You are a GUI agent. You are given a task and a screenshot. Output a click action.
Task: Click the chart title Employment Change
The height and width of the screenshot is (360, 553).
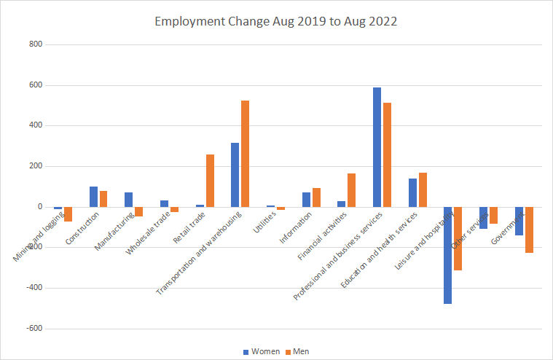tap(276, 21)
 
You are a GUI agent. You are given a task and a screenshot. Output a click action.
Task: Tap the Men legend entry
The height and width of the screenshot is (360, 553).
tap(296, 351)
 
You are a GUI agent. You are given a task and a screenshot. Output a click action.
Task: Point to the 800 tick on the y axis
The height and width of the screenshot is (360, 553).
tap(35, 45)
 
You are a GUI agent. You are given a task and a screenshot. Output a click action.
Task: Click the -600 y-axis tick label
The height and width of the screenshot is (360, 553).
tap(34, 329)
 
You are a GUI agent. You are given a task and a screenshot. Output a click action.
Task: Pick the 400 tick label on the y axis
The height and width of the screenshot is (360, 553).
tap(35, 126)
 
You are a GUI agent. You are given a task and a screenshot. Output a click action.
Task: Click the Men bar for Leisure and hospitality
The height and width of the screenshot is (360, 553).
tap(458, 239)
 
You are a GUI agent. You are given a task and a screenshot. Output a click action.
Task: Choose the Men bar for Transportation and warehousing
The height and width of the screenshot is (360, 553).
tap(245, 154)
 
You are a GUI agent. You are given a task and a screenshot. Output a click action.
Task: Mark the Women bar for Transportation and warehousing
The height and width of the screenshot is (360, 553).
tap(235, 175)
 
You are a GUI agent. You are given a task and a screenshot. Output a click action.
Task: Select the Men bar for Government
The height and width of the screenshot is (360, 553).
tap(529, 230)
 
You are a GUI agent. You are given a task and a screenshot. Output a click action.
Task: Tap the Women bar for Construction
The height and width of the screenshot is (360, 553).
tap(93, 197)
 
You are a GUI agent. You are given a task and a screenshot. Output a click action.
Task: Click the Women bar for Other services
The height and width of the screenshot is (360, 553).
tap(483, 218)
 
